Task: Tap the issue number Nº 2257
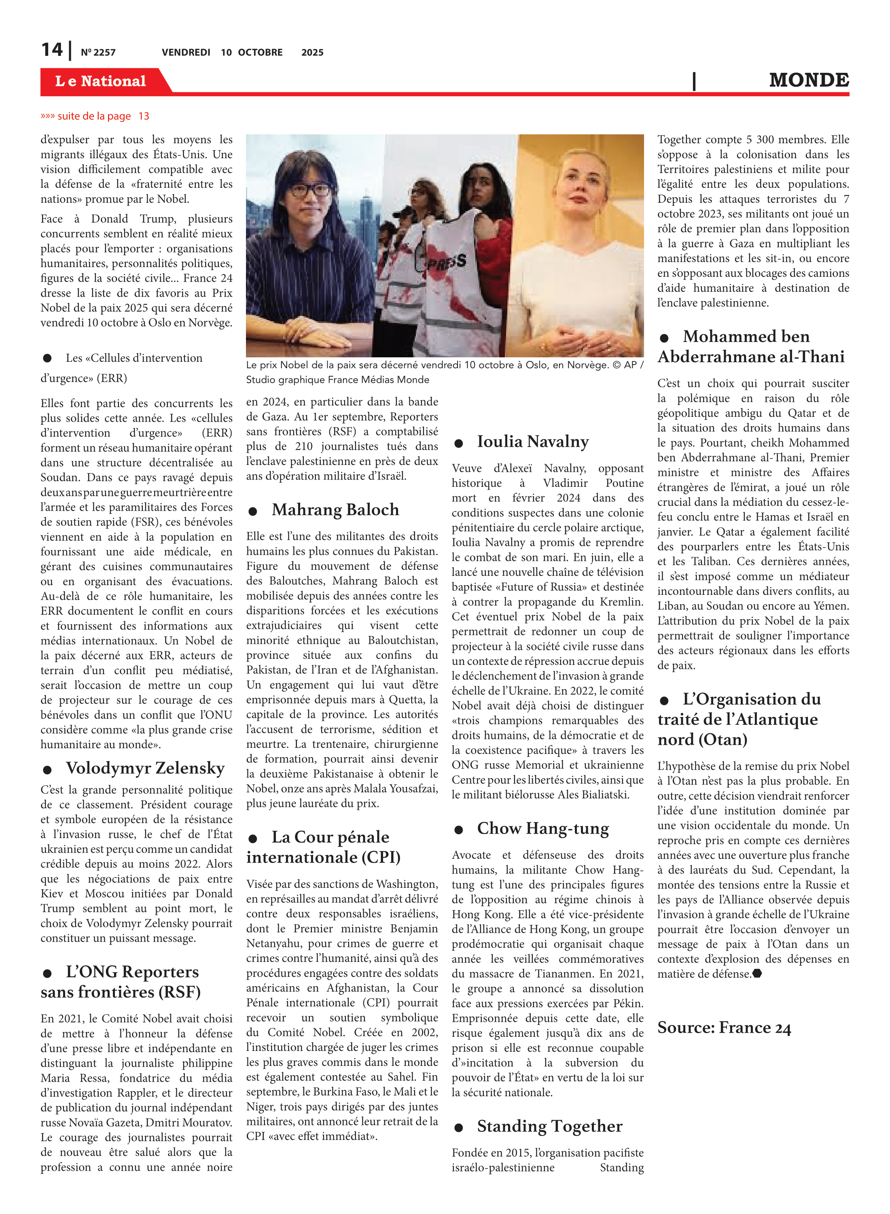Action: (98, 52)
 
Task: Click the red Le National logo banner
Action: (101, 81)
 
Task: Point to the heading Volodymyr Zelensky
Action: (145, 767)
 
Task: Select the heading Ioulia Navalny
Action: (532, 441)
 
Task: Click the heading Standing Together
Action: (549, 1126)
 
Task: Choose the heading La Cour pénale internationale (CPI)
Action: (323, 847)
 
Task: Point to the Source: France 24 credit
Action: (723, 1027)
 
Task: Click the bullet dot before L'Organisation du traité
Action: (664, 700)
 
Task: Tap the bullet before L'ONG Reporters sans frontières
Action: (47, 973)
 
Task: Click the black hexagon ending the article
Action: (757, 973)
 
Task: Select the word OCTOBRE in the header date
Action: (260, 52)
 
